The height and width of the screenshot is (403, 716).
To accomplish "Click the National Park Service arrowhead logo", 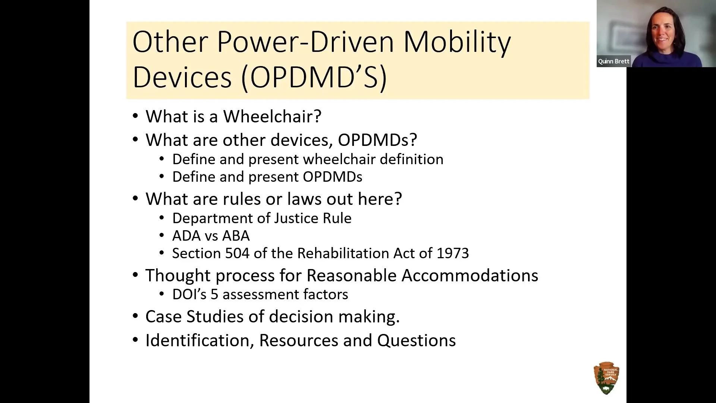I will point(606,378).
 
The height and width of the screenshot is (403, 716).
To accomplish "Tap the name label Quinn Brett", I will point(613,61).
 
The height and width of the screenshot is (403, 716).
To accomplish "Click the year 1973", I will point(452,253).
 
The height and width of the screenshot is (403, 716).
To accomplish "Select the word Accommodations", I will point(470,275).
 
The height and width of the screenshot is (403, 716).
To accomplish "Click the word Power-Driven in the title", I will point(305,42).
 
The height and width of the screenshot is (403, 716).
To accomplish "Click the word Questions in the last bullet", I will point(416,340).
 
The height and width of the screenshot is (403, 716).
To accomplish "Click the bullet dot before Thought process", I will point(135,276).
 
